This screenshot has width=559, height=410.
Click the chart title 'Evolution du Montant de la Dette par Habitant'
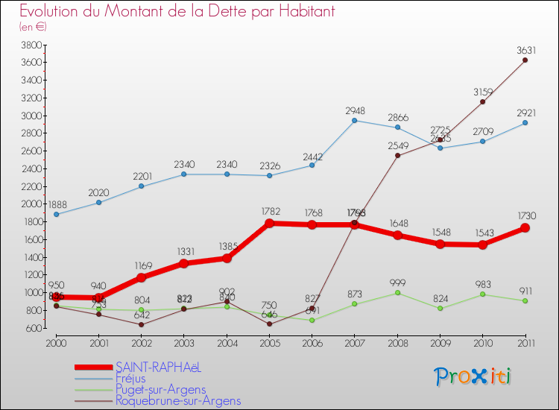(177, 12)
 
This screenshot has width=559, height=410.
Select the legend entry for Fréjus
(131, 379)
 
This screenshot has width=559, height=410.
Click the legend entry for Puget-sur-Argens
(160, 390)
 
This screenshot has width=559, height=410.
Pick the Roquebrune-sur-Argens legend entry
(178, 401)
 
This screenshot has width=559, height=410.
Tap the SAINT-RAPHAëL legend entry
(158, 368)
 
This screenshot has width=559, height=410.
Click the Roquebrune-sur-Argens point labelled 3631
(525, 60)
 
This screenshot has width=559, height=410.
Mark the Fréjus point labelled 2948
(354, 120)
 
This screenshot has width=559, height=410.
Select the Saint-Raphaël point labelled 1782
(269, 223)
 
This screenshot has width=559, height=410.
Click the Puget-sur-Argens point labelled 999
(397, 292)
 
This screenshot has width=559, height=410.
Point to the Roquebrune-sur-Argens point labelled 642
(142, 324)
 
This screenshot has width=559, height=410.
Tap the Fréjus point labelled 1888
(57, 214)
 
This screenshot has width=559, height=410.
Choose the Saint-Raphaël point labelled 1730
(525, 228)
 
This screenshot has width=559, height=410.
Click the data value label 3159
(482, 92)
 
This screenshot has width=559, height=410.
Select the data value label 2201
(142, 176)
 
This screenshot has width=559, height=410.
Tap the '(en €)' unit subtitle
(34, 27)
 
